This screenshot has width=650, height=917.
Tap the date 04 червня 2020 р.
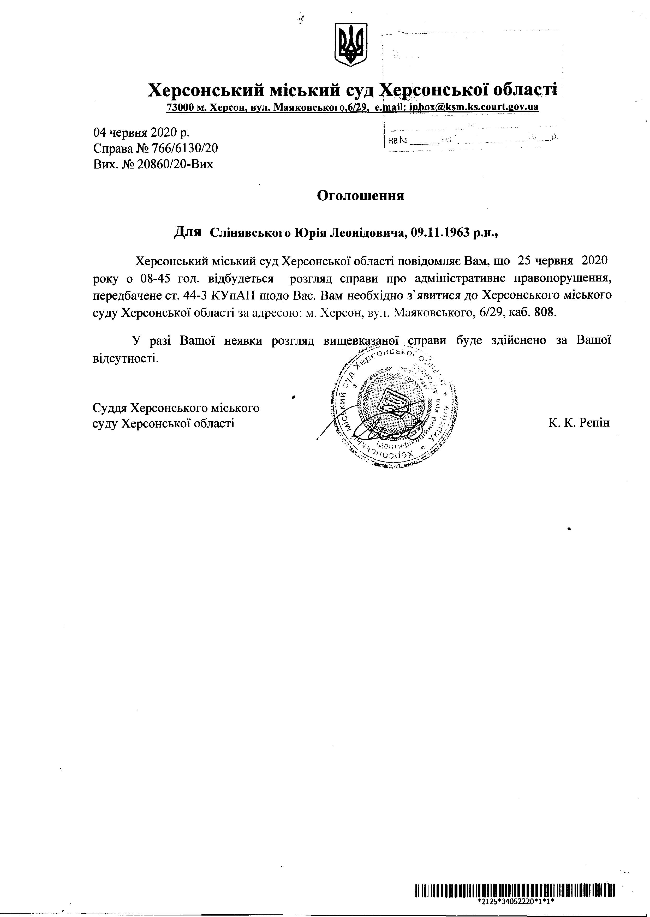(x=142, y=133)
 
